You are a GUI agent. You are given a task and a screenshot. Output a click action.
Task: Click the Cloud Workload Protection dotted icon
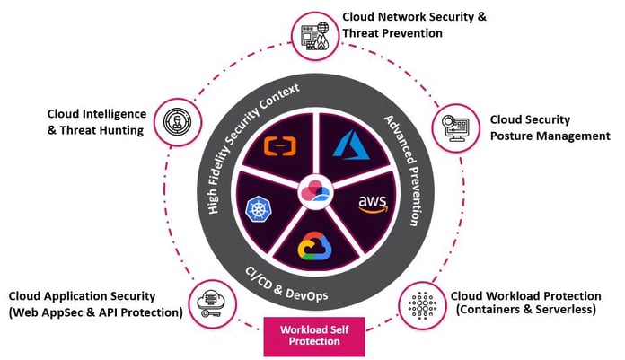click(419, 303)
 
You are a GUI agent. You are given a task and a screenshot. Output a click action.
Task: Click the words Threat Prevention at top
click(392, 33)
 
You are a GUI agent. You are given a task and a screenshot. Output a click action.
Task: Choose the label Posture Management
click(550, 136)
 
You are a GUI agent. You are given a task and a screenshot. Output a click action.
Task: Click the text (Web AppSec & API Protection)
click(96, 312)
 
